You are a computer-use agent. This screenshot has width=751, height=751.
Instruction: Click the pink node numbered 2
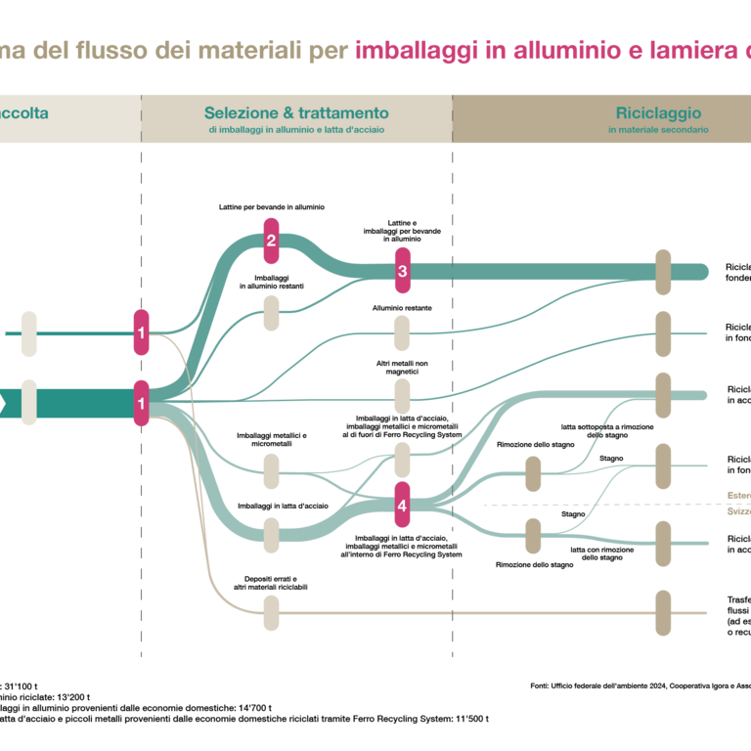pos(272,241)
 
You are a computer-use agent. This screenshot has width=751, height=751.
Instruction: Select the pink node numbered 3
pos(402,271)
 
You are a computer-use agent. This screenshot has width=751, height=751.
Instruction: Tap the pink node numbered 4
pos(402,506)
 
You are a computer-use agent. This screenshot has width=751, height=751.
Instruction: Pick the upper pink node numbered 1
pos(142,333)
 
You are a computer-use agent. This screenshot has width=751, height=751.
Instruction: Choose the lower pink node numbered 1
pos(142,403)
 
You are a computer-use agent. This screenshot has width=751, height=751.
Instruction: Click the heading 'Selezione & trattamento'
pos(296,113)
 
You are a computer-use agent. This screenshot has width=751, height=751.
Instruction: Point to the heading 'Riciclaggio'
pos(658,113)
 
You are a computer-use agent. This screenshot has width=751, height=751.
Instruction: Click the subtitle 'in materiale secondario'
pos(658,130)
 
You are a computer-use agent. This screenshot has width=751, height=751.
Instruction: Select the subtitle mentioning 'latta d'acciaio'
pos(296,130)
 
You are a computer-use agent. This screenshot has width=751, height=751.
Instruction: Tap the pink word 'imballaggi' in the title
pos(416,51)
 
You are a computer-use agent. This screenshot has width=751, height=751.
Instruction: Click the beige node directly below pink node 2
pos(271,313)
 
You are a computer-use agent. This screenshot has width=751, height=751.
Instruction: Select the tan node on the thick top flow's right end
pos(663,272)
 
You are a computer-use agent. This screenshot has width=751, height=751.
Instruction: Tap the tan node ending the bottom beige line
pos(663,613)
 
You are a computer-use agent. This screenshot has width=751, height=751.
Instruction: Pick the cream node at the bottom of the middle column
pos(271,613)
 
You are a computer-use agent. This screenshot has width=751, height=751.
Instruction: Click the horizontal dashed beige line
pos(587,505)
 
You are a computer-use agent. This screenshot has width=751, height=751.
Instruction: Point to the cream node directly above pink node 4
pos(402,460)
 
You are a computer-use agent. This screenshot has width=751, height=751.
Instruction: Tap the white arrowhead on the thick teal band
pos(3,403)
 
